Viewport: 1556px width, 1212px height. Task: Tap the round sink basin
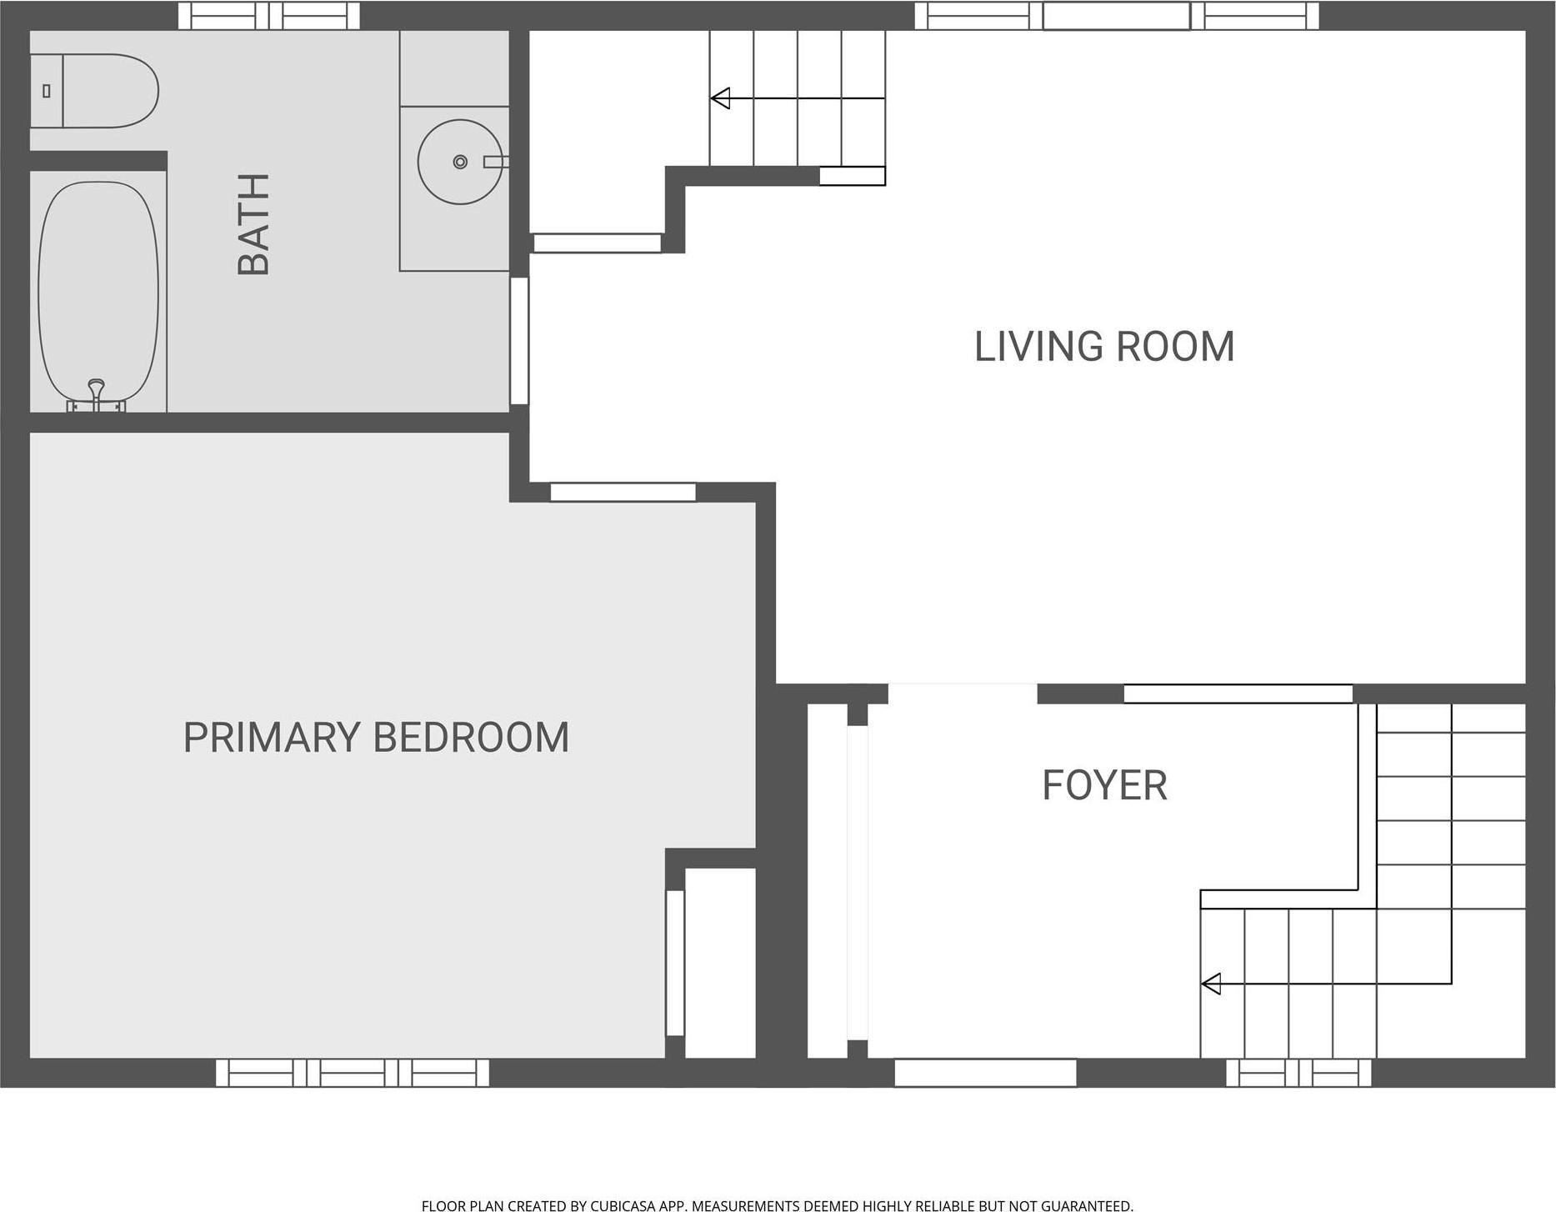pos(459,162)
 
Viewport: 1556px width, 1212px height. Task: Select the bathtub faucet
pos(97,391)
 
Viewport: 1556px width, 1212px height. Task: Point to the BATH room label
pos(253,224)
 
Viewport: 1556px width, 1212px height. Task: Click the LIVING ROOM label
pos(1103,347)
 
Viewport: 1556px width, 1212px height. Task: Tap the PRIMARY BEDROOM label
pos(376,738)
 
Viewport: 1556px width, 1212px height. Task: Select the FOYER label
pos(1104,785)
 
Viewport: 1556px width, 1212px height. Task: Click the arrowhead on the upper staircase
pos(721,98)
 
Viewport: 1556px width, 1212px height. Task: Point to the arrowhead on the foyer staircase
pos(1211,984)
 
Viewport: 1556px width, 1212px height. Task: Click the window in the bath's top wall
pos(269,16)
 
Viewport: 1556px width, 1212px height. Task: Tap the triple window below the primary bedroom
pos(353,1073)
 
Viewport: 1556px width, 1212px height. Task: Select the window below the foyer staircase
pos(1298,1073)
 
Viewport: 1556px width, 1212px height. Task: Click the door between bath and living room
pos(519,340)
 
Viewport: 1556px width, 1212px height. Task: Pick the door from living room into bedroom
pos(623,493)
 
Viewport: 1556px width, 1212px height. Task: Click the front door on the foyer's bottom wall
pos(985,1073)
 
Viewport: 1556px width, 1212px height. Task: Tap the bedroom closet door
pos(675,963)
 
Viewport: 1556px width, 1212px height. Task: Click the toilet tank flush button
pos(47,91)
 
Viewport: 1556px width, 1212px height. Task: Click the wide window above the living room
pos(1117,16)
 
